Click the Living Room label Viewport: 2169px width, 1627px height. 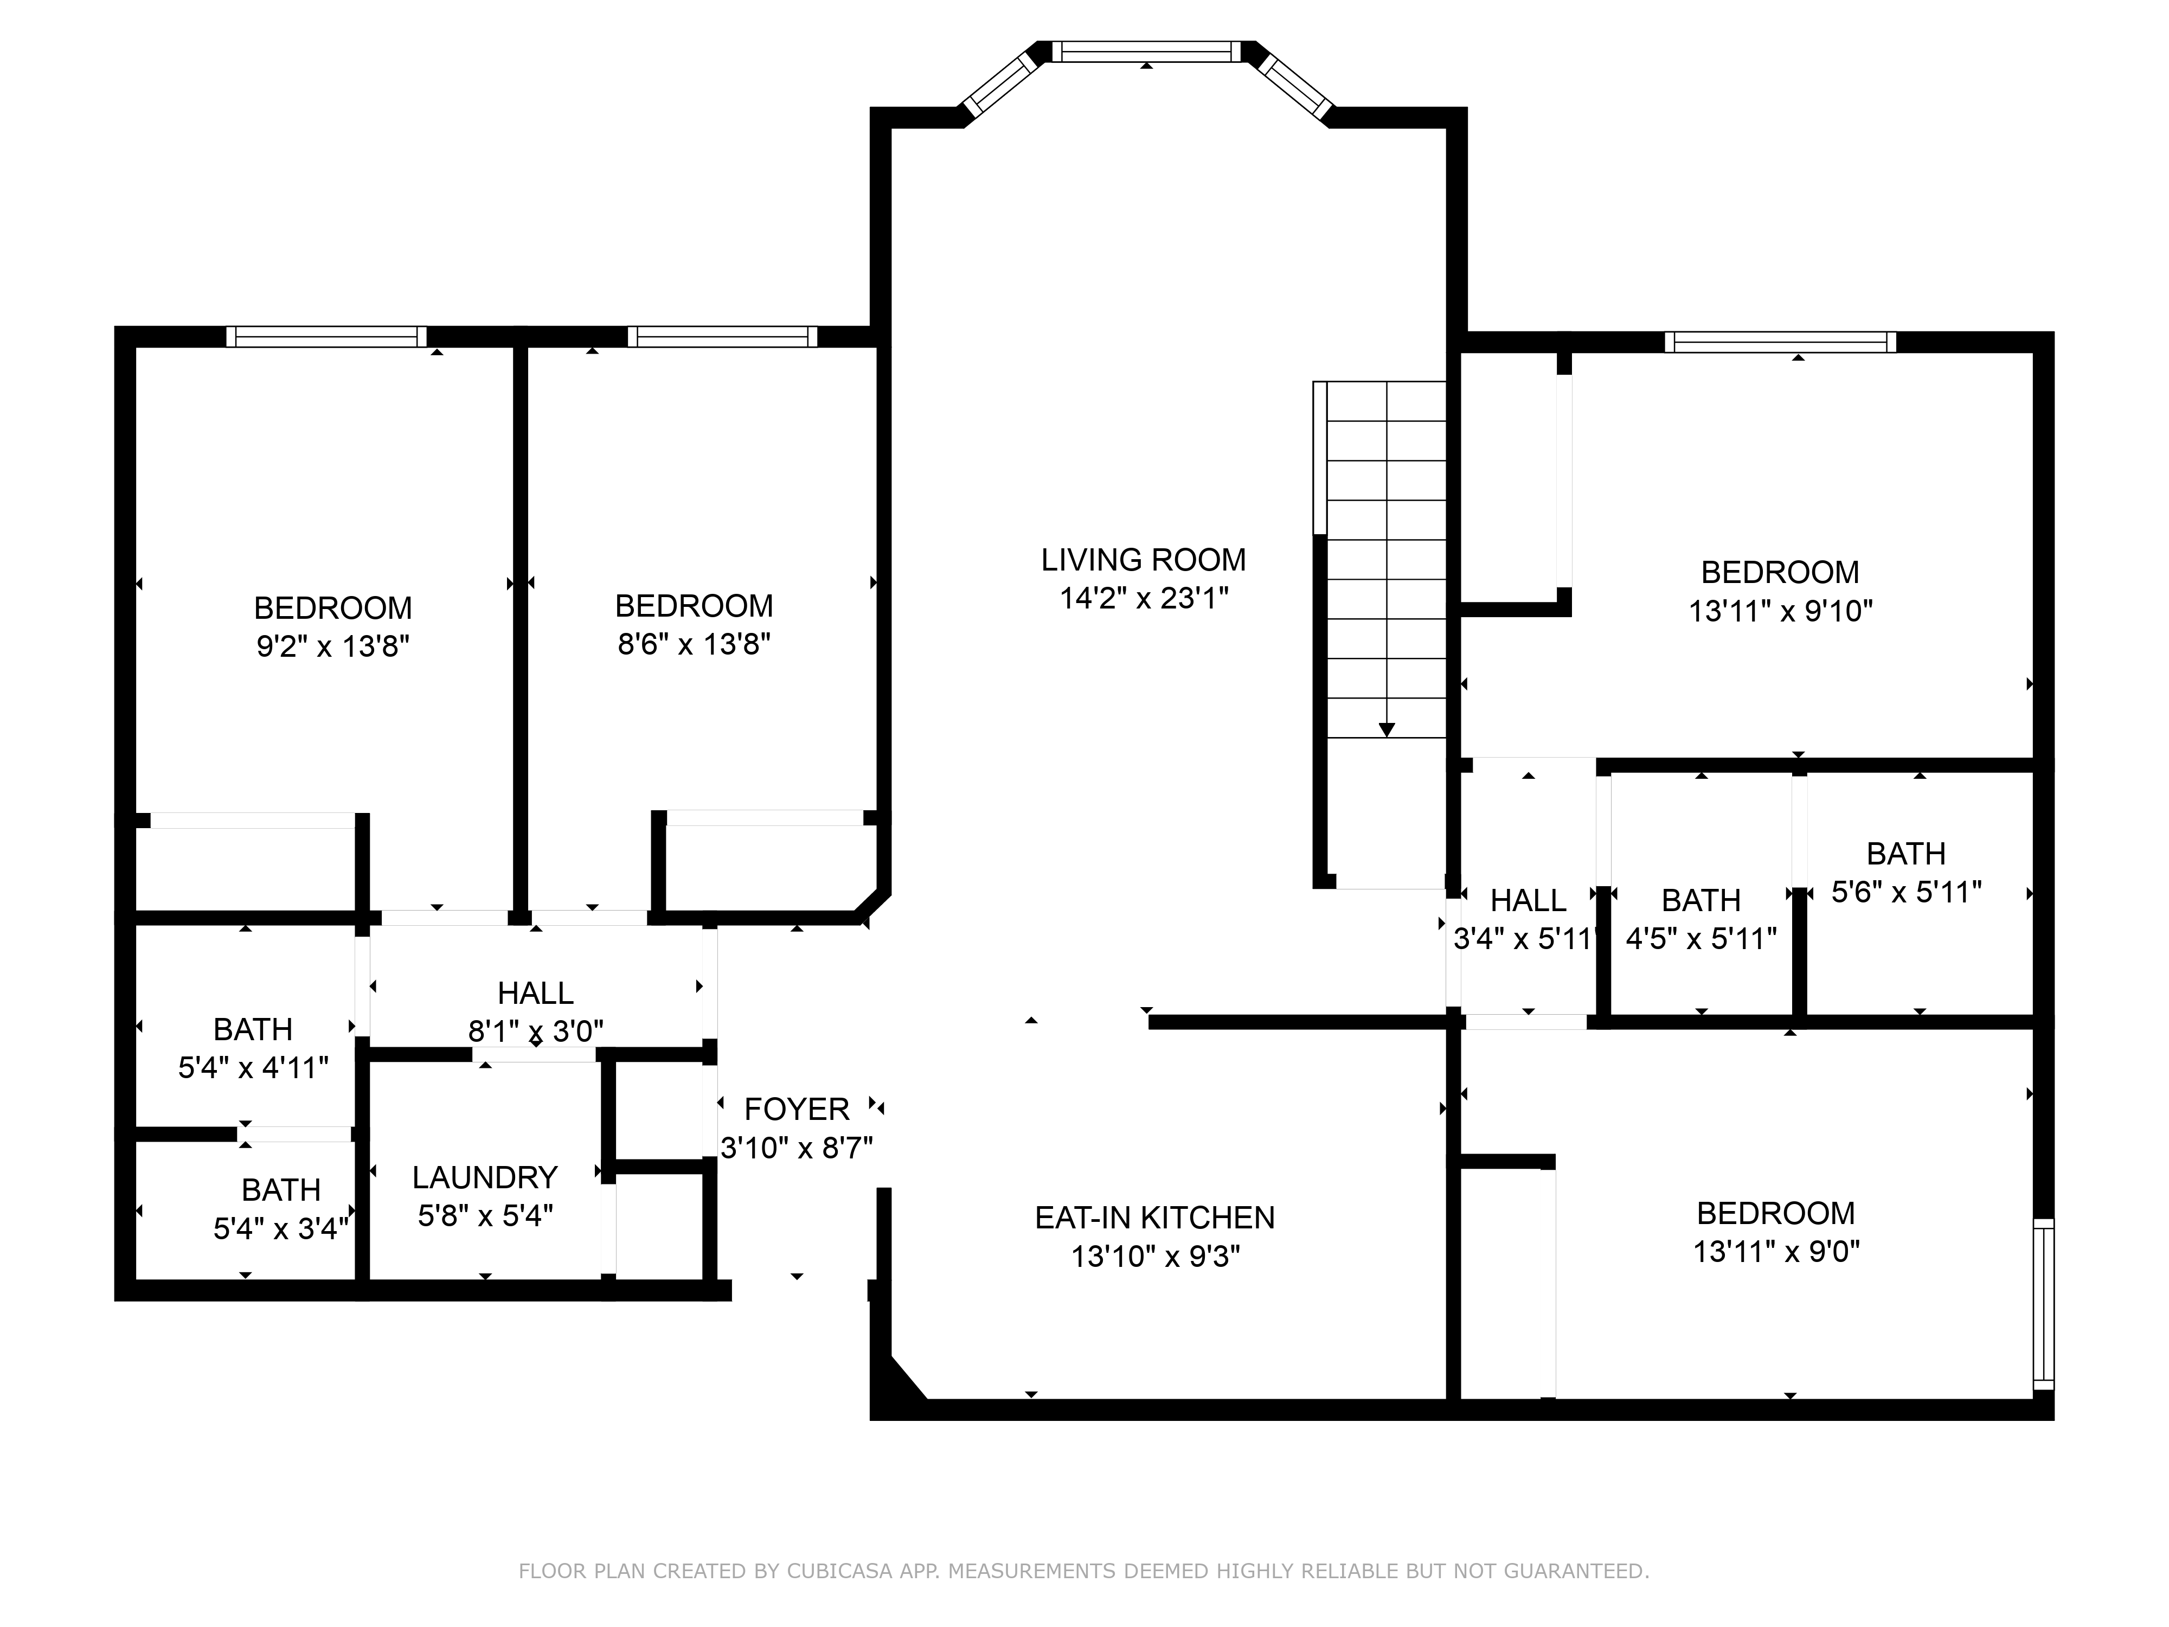pyautogui.click(x=1143, y=560)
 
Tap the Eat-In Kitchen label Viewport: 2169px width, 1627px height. pyautogui.click(x=1155, y=1218)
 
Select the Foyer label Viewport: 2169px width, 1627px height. pyautogui.click(x=796, y=1109)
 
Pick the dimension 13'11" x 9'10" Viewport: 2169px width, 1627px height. pyautogui.click(x=1781, y=611)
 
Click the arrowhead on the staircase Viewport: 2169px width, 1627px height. pyautogui.click(x=1387, y=729)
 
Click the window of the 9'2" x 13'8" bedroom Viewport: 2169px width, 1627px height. pyautogui.click(x=326, y=336)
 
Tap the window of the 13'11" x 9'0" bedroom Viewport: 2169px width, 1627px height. pyautogui.click(x=2044, y=1303)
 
